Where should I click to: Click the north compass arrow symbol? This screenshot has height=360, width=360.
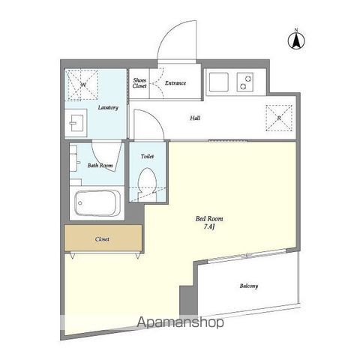pyautogui.click(x=296, y=40)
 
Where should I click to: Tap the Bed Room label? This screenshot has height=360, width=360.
pyautogui.click(x=209, y=219)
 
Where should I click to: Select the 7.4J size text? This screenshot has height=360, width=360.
pyautogui.click(x=209, y=227)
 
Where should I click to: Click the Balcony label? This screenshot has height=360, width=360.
pyautogui.click(x=249, y=286)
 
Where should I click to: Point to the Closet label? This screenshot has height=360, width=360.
pyautogui.click(x=102, y=239)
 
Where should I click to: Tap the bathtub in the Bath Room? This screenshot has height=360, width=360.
pyautogui.click(x=97, y=203)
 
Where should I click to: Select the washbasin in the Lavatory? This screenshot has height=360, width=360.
pyautogui.click(x=76, y=123)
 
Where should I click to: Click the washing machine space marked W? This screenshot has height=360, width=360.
pyautogui.click(x=82, y=85)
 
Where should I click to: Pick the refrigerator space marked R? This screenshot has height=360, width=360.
pyautogui.click(x=279, y=118)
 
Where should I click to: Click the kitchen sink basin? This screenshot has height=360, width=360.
pyautogui.click(x=219, y=82)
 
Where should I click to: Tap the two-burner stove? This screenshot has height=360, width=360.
pyautogui.click(x=245, y=82)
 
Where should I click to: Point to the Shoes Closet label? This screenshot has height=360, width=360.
pyautogui.click(x=139, y=83)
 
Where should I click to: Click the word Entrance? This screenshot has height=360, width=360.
pyautogui.click(x=175, y=82)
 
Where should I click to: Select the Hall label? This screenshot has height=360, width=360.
pyautogui.click(x=195, y=118)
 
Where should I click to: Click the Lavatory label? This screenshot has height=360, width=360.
pyautogui.click(x=108, y=108)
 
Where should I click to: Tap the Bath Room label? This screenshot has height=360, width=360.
pyautogui.click(x=100, y=165)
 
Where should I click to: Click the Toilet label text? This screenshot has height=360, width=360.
pyautogui.click(x=147, y=157)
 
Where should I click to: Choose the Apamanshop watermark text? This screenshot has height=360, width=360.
pyautogui.click(x=180, y=322)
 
